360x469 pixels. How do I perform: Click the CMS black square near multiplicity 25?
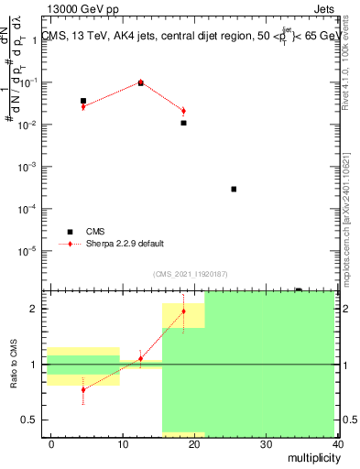(x=235, y=190)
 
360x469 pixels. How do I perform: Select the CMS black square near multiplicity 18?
(x=184, y=123)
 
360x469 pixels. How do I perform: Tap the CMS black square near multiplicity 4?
(x=83, y=101)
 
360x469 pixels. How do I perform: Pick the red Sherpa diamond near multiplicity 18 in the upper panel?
(x=184, y=111)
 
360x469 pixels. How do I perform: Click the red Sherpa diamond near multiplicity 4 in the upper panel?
(x=83, y=107)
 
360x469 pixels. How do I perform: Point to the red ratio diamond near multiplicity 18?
(x=184, y=311)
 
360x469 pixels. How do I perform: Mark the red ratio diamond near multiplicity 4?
(x=83, y=389)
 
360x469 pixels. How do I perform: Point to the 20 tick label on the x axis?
(x=195, y=443)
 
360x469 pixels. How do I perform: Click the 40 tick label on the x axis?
(x=338, y=443)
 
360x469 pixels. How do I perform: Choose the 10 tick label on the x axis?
(x=123, y=443)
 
